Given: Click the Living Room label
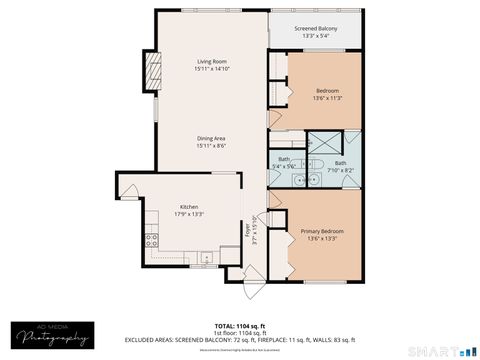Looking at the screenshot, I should coord(211,62).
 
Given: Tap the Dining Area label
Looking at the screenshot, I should coord(211,139).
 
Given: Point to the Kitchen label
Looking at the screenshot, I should coord(189,206).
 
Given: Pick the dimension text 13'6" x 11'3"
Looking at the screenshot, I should coord(327,98).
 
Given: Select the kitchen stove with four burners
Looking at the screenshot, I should coord(152,240).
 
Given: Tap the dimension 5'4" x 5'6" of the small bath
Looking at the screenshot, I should coord(284,165).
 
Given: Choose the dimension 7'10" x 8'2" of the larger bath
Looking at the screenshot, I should coord(341,169).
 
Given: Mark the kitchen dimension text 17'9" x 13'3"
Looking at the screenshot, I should coord(189,213).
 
